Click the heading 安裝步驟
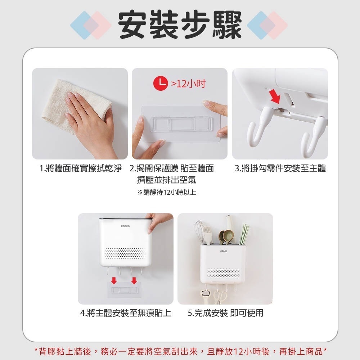click(x=180, y=24)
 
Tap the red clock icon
click(x=161, y=84)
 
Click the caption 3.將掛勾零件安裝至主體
click(x=280, y=168)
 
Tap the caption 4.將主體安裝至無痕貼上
click(x=126, y=313)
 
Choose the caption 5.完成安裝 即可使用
click(x=225, y=313)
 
